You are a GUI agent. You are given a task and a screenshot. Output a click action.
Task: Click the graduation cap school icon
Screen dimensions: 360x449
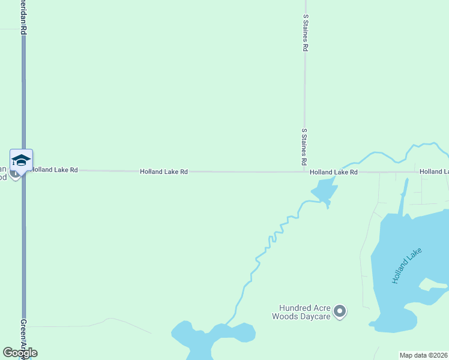pyautogui.click(x=21, y=160)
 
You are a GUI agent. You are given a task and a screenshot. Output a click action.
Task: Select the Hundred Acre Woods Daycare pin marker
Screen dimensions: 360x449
pyautogui.click(x=340, y=311)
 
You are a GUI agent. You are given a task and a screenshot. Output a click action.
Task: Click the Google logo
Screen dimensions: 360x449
pyautogui.click(x=20, y=353)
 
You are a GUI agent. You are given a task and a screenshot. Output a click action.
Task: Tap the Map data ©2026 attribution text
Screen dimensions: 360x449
pyautogui.click(x=423, y=355)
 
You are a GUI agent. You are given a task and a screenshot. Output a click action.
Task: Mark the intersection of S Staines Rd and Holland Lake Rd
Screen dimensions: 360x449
pyautogui.click(x=305, y=172)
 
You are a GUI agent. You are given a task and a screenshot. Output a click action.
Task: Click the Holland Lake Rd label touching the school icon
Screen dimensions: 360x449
pyautogui.click(x=55, y=170)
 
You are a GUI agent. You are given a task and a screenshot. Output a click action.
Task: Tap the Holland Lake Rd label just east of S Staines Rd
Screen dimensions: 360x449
pyautogui.click(x=334, y=172)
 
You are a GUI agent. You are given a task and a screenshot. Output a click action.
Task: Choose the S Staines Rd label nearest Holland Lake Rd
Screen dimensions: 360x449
pyautogui.click(x=304, y=147)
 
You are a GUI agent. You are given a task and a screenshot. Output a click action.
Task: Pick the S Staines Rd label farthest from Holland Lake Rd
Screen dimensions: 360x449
pyautogui.click(x=306, y=33)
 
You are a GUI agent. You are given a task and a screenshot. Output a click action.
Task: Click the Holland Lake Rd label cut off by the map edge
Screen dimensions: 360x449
pyautogui.click(x=433, y=172)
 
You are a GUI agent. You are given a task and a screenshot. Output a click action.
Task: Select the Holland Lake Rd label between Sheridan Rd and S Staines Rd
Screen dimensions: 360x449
pyautogui.click(x=164, y=172)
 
